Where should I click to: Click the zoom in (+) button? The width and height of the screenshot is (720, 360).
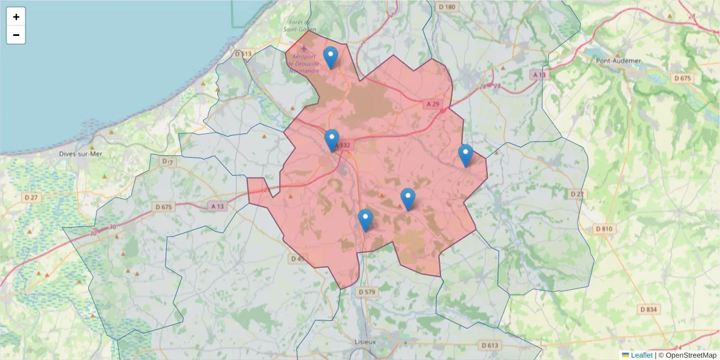[x=16, y=17]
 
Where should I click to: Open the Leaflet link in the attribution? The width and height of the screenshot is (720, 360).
[x=641, y=355]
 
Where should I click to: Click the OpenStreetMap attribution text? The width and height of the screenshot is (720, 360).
[x=691, y=355]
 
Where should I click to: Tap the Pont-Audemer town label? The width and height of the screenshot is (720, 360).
[x=618, y=61]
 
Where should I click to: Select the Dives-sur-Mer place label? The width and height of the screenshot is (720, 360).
[x=81, y=154]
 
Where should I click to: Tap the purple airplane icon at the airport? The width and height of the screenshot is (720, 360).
[x=304, y=48]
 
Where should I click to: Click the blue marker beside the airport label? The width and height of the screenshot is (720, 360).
[x=331, y=58]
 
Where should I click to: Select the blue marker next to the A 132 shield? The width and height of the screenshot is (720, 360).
[x=332, y=140]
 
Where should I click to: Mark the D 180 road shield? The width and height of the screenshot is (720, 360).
[x=448, y=7]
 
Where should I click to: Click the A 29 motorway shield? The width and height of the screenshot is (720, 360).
[x=433, y=104]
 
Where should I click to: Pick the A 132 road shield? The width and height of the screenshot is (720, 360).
[x=343, y=145]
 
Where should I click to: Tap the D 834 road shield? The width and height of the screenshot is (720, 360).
[x=649, y=309]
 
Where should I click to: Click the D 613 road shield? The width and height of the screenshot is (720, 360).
[x=490, y=345]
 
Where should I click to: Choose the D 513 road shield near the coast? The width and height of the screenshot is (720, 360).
[x=242, y=54]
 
